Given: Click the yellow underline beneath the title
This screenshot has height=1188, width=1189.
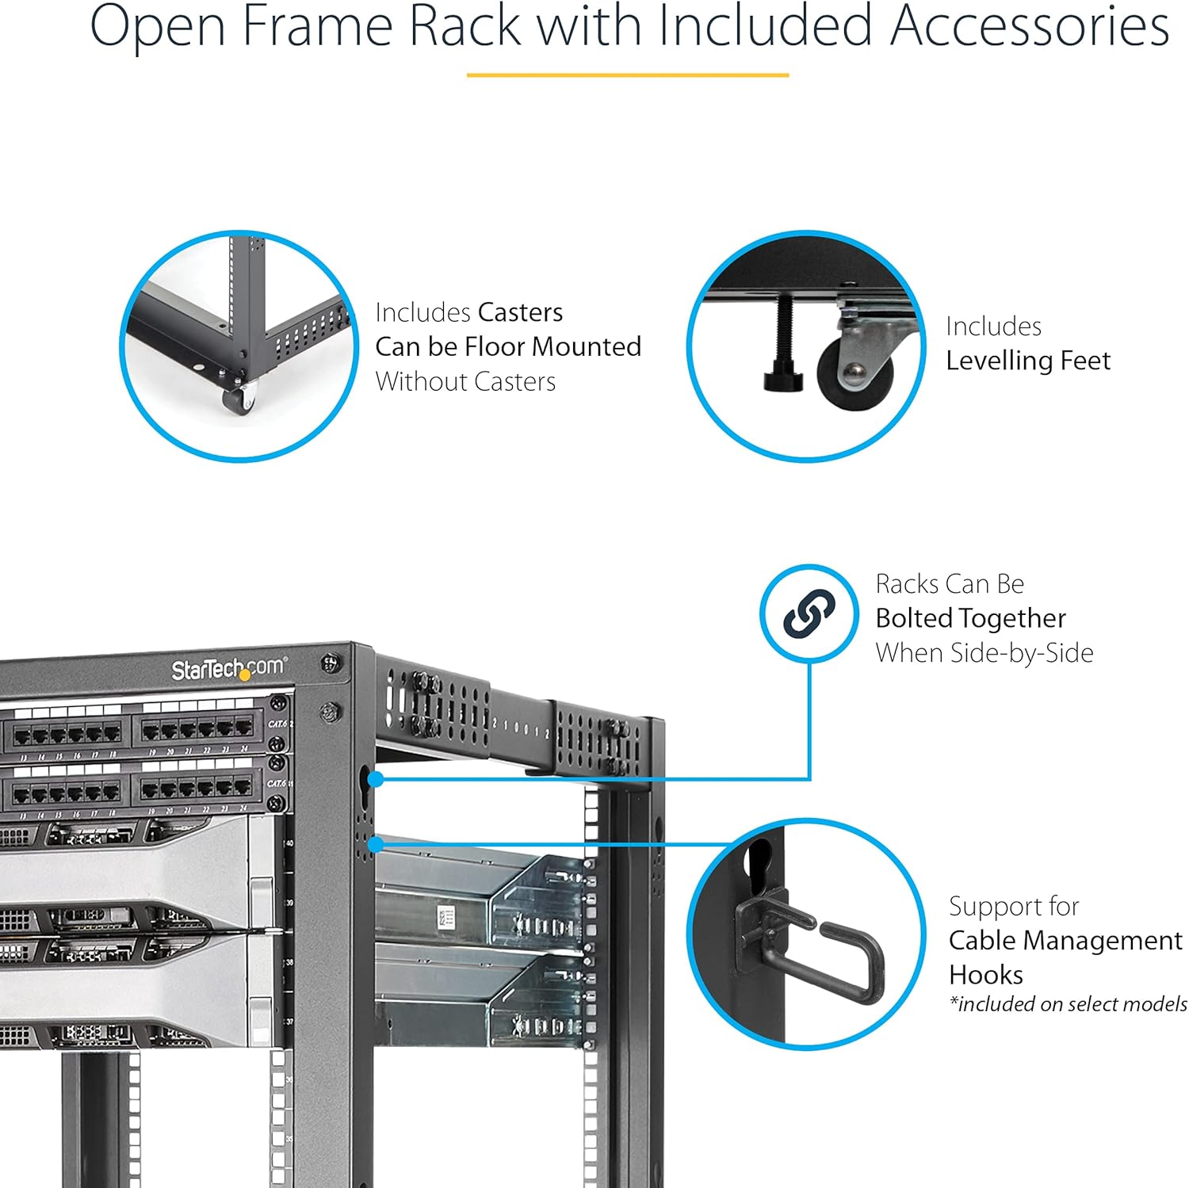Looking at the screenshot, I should click(x=627, y=75).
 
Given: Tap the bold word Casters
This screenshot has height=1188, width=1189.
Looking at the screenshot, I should click(x=519, y=312).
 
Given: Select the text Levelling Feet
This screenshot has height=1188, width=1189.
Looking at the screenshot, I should click(x=1027, y=361).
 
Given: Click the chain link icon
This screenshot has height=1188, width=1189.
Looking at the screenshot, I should click(x=809, y=613).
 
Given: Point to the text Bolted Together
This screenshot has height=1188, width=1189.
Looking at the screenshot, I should click(x=970, y=618).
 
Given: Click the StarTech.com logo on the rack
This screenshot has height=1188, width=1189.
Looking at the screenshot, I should click(x=229, y=670).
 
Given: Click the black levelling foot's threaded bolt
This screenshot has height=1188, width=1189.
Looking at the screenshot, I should click(x=784, y=333).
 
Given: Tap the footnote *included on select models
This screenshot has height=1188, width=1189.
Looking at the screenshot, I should click(x=1068, y=1004).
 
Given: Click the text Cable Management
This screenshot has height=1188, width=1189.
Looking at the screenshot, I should click(x=1065, y=941).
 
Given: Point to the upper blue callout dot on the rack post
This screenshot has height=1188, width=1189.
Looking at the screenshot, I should click(x=376, y=779).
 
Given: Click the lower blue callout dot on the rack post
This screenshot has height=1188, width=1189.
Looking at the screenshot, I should click(x=376, y=844).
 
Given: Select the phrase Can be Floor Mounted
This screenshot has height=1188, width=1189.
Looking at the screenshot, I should click(x=507, y=347).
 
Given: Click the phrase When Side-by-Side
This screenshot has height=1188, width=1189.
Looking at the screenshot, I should click(x=984, y=653).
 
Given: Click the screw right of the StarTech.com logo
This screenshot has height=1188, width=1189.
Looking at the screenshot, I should click(x=331, y=663).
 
